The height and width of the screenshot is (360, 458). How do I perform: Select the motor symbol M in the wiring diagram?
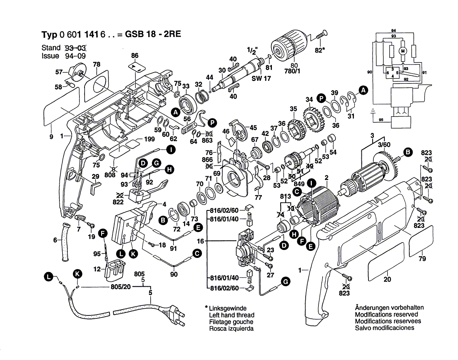coord(402,51)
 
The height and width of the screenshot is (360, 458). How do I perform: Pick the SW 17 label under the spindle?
coord(261,78)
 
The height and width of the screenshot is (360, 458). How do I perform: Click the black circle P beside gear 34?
coord(321,98)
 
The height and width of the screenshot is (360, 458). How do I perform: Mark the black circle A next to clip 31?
coord(363,90)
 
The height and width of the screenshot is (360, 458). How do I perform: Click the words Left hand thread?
coord(231,315)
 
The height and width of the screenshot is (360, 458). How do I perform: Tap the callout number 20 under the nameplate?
coord(387,280)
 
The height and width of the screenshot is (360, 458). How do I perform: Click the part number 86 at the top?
coord(134,55)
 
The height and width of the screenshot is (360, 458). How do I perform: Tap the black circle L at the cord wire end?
coord(49,277)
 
